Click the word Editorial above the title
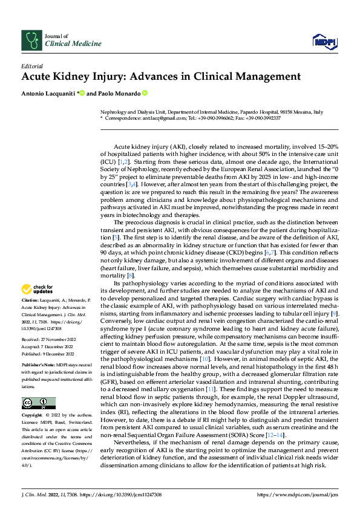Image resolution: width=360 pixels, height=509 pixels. [x=32, y=65]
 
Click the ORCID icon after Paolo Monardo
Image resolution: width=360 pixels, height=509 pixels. [x=145, y=93]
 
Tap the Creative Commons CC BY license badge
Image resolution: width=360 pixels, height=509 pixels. [x=38, y=403]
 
